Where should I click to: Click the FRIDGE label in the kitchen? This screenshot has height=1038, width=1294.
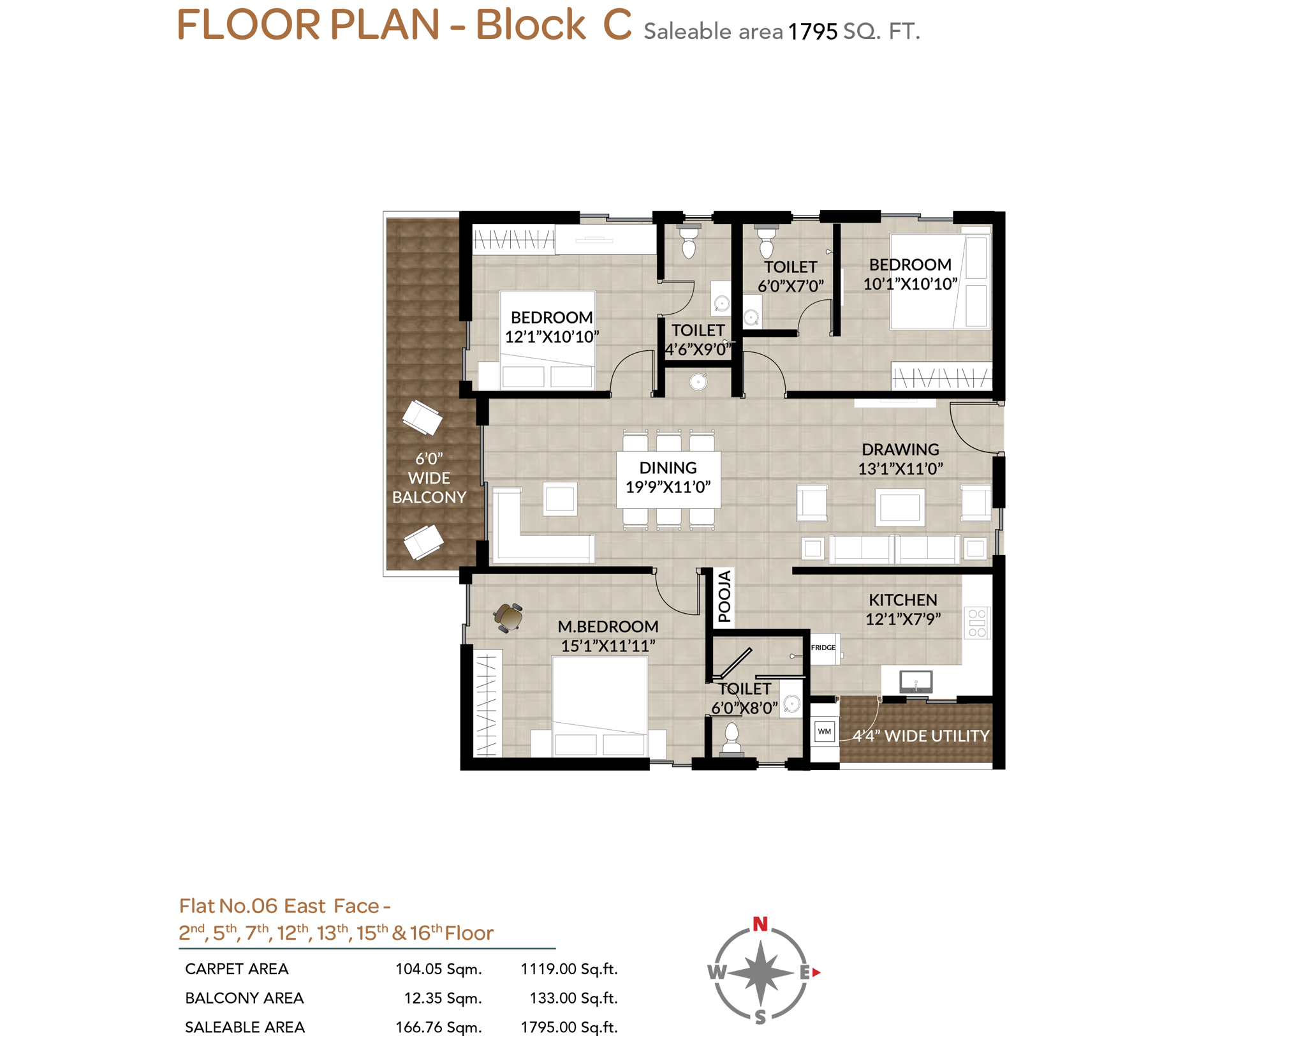(823, 648)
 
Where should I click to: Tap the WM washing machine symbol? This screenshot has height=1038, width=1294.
(825, 731)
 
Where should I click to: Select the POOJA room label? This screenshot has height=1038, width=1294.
(724, 597)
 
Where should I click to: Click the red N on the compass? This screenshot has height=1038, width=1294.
(760, 924)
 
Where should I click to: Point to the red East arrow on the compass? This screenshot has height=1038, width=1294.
(816, 972)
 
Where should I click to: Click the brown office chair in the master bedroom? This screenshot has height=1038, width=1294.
(508, 617)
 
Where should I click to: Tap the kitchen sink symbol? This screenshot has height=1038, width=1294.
(916, 681)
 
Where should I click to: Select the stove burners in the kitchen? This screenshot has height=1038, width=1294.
(977, 623)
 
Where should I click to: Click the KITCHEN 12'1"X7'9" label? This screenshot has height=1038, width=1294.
(902, 609)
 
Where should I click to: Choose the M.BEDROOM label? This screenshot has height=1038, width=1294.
(608, 627)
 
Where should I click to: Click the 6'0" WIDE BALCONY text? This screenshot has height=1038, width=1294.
(429, 477)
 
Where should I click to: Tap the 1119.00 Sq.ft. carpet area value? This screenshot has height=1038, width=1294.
(569, 969)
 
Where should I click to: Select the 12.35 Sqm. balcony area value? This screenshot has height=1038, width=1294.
(443, 998)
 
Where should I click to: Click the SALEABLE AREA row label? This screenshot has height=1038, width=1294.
(245, 1027)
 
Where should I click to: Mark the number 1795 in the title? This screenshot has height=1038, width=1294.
(812, 31)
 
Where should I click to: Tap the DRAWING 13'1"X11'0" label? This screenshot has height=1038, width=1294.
(900, 459)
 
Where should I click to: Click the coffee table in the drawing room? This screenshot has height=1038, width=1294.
(899, 507)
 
